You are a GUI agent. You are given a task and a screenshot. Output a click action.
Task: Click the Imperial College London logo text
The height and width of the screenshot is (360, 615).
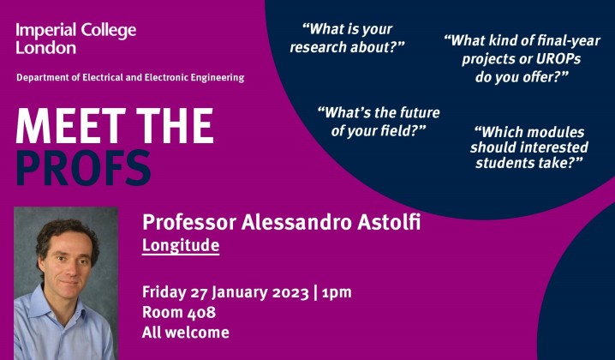[x=75, y=39]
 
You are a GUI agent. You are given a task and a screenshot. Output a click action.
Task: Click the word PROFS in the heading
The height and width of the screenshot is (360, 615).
[x=83, y=167]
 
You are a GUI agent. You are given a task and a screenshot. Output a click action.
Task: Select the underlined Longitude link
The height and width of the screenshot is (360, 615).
[x=181, y=247]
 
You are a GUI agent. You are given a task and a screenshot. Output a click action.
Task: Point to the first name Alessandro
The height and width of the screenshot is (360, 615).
[x=287, y=224]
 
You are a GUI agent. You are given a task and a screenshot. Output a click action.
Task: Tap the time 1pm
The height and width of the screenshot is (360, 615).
[x=336, y=291]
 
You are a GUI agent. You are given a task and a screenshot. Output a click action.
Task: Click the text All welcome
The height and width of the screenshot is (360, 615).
[x=185, y=333]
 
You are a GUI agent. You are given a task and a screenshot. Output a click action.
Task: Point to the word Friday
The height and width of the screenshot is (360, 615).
[x=164, y=291]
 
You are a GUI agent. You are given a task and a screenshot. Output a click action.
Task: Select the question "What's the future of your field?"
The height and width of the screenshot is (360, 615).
[x=372, y=121]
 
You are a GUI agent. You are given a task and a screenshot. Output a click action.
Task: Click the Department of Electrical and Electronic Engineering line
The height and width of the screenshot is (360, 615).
[x=130, y=78]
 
